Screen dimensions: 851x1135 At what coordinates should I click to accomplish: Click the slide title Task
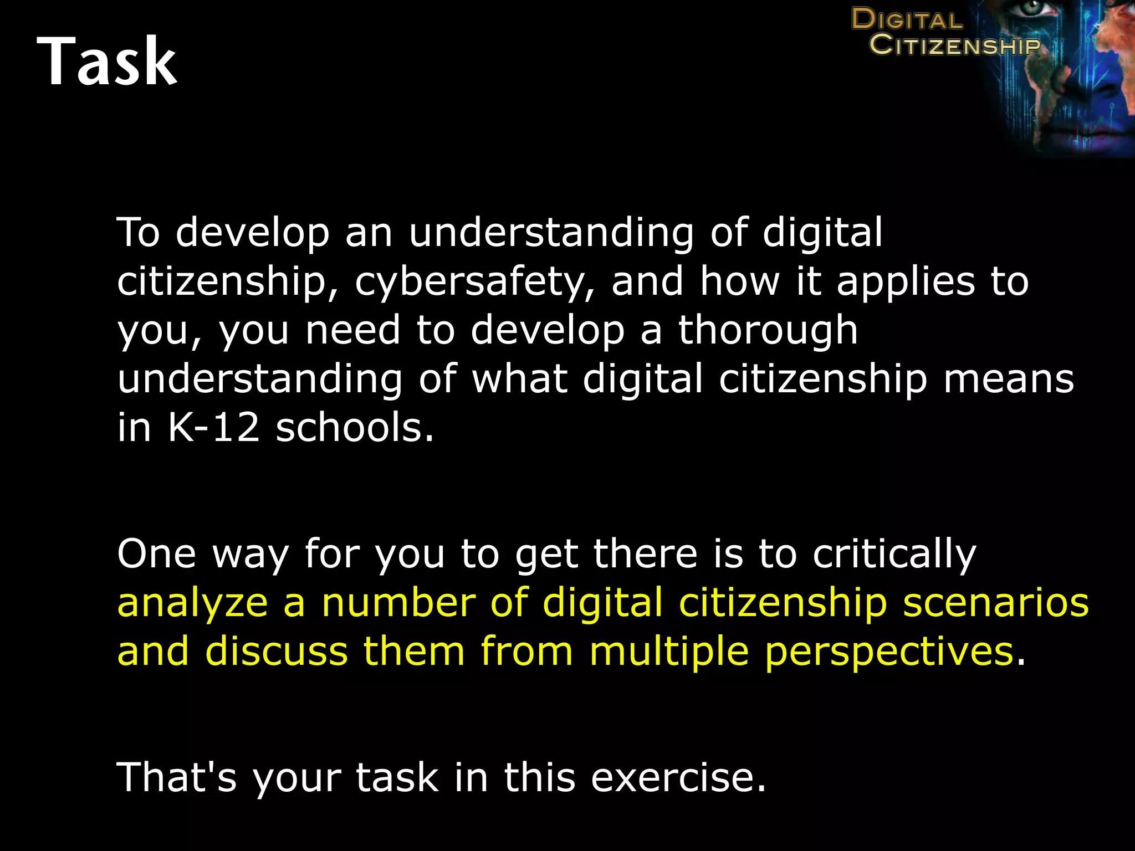pos(107,61)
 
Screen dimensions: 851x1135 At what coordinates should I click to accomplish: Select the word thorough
pos(768,331)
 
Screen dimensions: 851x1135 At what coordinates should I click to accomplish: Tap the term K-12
pos(213,428)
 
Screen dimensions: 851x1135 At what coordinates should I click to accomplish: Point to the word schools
pos(355,428)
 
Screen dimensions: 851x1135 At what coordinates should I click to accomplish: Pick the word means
pos(1009,379)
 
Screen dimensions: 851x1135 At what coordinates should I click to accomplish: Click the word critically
pos(894,555)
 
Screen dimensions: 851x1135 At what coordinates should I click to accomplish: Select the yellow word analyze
pos(193,603)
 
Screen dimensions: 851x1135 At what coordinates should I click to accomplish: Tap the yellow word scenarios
pos(996,603)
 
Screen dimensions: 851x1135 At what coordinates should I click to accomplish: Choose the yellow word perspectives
pos(889,652)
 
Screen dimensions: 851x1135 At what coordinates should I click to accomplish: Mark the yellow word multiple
pos(669,652)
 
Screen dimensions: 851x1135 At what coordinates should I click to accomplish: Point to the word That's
pos(177,777)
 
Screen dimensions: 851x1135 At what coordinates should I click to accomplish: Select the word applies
pos(905,282)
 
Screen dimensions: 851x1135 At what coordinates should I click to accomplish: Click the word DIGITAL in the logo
pos(907,19)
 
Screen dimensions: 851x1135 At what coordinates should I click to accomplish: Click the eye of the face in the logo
pos(1032,8)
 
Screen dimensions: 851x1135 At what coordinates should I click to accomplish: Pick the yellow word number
pos(398,603)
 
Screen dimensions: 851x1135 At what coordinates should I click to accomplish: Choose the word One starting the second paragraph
pos(157,553)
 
